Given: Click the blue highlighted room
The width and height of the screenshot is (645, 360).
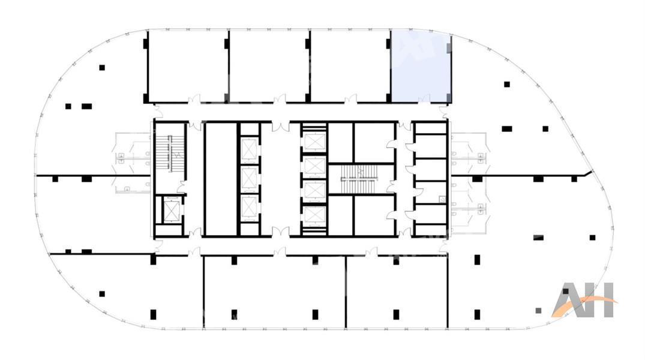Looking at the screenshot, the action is [421, 66].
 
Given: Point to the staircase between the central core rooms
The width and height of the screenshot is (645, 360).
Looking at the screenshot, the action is [361, 179].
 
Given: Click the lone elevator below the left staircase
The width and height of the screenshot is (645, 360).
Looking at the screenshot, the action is [172, 210].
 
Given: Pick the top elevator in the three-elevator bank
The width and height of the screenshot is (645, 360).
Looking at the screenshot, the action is [249, 149].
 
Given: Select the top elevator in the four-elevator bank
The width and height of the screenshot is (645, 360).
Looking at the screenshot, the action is [314, 142].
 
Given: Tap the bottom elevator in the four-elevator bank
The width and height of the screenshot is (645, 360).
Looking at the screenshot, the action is [314, 215].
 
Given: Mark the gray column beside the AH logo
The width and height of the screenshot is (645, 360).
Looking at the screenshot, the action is [538, 311].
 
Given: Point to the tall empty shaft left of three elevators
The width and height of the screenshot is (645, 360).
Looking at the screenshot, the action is [220, 179].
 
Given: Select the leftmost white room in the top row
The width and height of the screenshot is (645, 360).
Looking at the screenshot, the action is [187, 66].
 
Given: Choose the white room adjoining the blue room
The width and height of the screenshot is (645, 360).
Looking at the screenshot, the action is [349, 66].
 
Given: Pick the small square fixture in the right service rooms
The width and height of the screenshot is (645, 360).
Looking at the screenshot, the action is [442, 199].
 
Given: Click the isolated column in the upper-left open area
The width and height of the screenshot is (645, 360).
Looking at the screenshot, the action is [102, 67].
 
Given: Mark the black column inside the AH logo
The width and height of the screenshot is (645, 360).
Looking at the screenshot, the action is [566, 291].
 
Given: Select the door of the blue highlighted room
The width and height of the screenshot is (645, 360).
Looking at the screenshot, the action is [424, 99].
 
